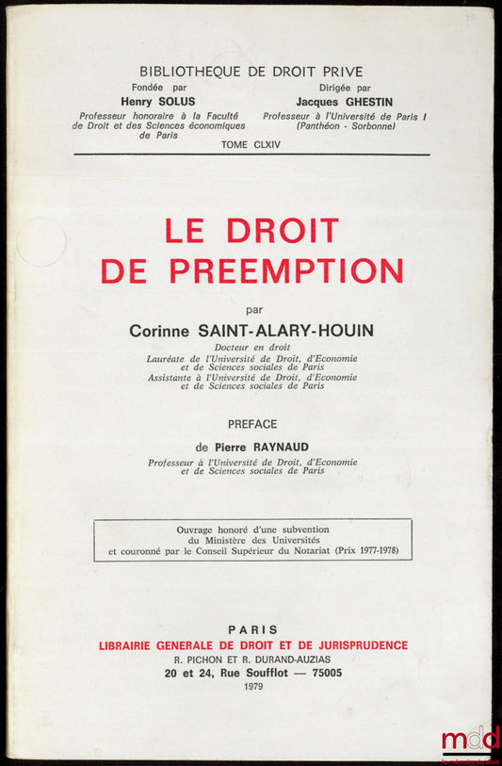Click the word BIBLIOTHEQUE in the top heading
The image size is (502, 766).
tap(185, 72)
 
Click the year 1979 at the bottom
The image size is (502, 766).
tap(253, 688)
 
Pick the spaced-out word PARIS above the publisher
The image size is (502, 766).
tap(252, 629)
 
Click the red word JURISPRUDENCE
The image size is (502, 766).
tap(355, 644)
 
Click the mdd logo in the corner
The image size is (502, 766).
tap(470, 738)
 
